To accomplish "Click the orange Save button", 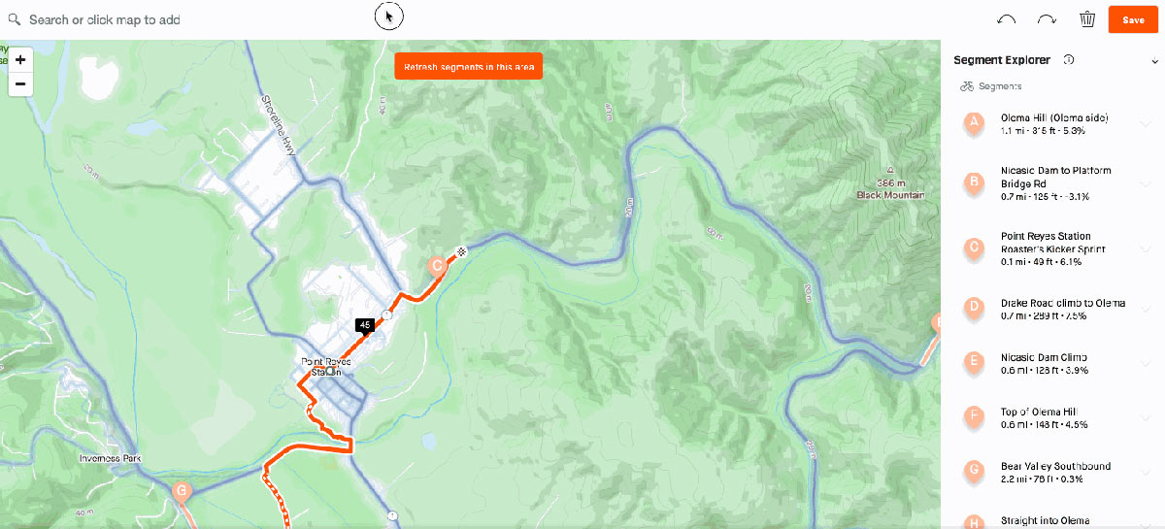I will point(1133,19).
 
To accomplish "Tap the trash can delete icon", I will point(1087,19).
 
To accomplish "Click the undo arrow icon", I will point(1007,19).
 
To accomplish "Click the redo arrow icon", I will point(1047,19).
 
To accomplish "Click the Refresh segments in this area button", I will point(469,66).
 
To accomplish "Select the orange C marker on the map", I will point(437,264).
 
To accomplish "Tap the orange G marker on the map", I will point(181,491).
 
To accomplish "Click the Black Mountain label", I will point(890,195).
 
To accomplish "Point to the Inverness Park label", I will point(112,458).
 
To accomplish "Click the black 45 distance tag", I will point(365,325).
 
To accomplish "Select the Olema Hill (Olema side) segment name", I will point(1054,118).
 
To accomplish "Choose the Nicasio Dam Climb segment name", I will point(1044,358).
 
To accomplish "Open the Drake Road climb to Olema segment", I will point(1063,303).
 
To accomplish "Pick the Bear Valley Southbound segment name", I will point(1055,467).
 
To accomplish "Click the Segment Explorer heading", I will point(1002,60).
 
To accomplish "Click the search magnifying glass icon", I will point(14,19).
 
